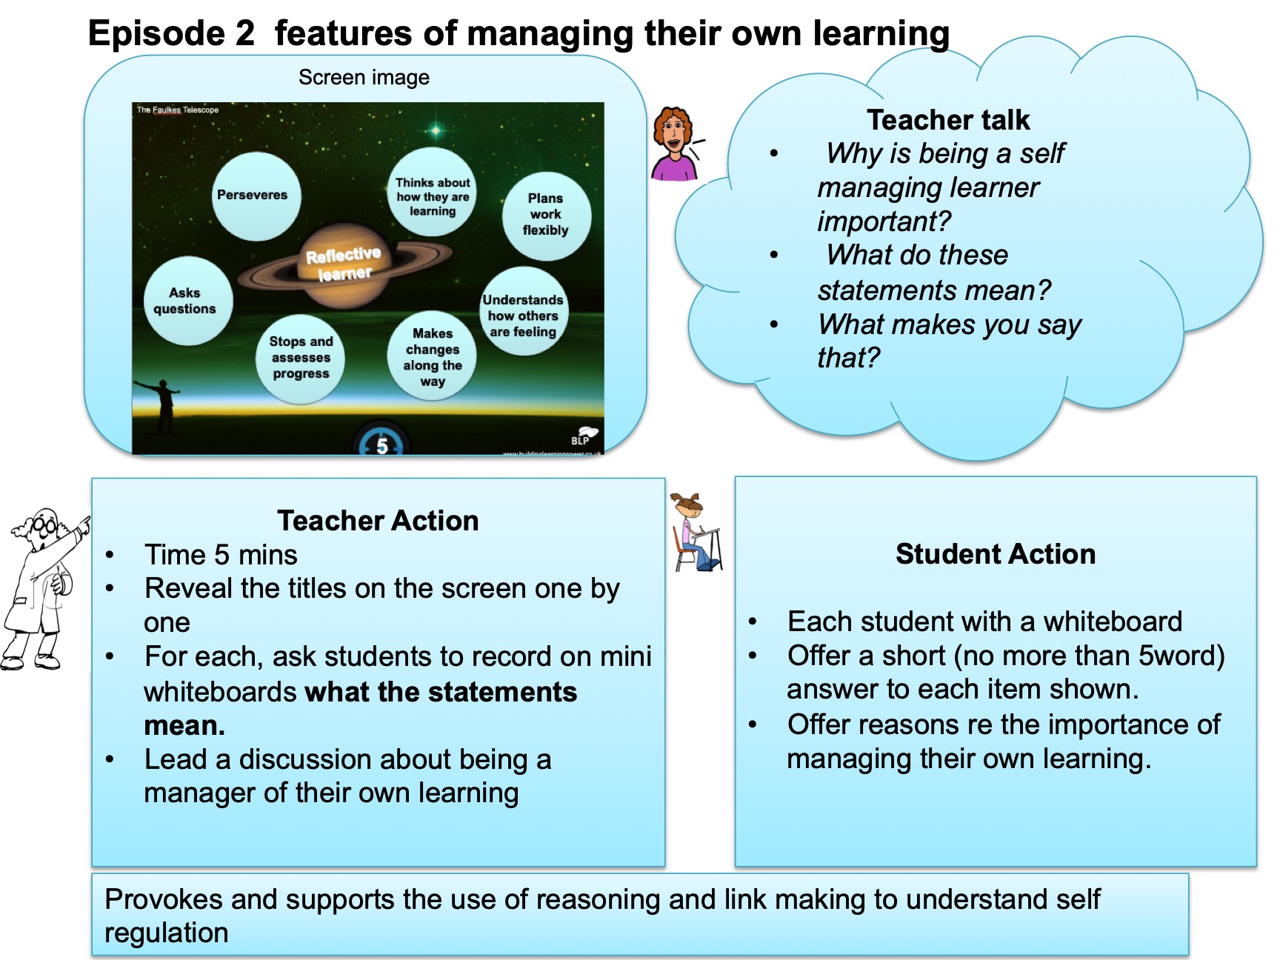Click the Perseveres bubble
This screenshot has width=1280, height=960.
[256, 196]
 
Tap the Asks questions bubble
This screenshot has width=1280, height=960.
[188, 301]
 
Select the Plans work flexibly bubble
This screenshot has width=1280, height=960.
[547, 216]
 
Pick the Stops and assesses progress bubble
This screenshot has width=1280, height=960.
[300, 359]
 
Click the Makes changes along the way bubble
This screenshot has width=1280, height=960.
[432, 356]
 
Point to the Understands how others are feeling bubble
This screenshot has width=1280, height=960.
[524, 311]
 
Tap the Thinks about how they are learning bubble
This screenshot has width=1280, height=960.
[432, 192]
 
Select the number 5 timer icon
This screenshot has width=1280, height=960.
[381, 440]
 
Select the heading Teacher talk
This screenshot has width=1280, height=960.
[948, 120]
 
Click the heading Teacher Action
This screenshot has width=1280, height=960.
[378, 521]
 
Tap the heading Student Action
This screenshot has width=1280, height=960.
[996, 554]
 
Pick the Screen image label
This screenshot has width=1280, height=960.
[364, 78]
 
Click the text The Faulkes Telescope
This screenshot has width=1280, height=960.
[178, 110]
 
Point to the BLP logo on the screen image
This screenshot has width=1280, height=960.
[584, 436]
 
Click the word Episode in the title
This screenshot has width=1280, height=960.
[156, 34]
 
